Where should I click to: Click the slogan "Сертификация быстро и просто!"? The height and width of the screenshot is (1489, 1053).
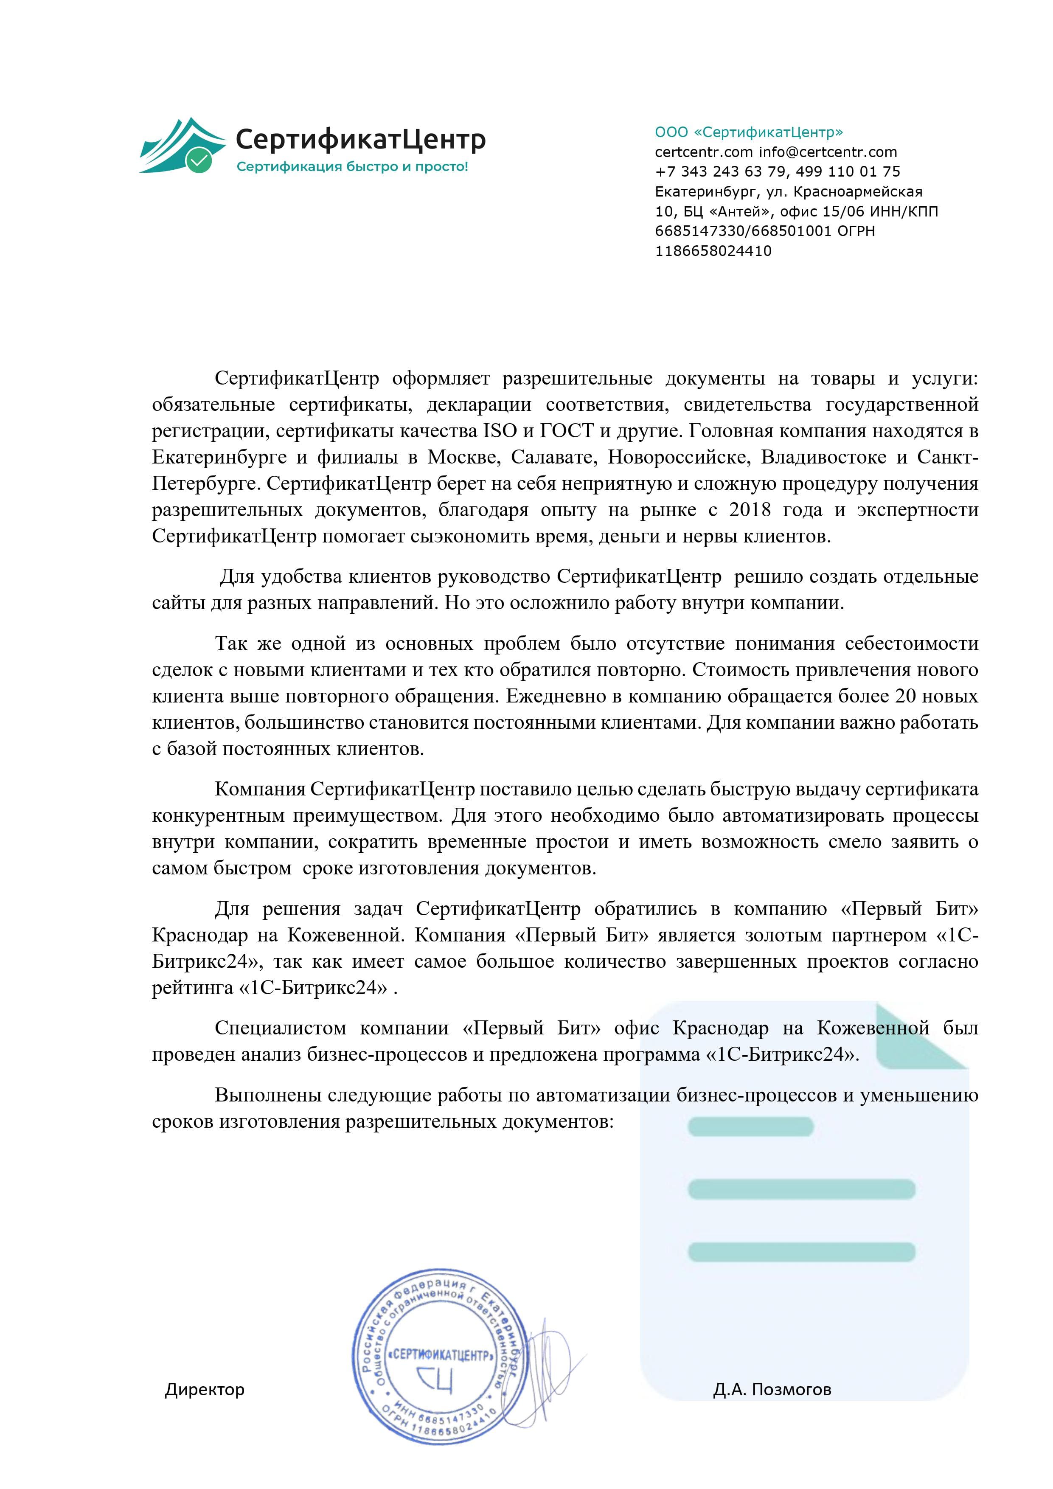point(352,167)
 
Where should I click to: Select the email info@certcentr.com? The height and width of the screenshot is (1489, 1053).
point(828,152)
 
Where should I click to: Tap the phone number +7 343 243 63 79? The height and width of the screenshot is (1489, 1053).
point(720,172)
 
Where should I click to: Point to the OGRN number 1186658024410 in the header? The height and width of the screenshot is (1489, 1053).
point(713,251)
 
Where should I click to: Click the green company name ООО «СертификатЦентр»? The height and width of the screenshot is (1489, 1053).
point(749,132)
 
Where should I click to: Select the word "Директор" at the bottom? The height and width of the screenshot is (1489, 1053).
point(204,1390)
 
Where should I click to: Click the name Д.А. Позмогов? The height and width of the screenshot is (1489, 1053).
point(772,1390)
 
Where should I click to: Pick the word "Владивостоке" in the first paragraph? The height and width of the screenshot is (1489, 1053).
point(823,457)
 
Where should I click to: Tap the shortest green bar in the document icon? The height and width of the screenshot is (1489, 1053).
point(750,1127)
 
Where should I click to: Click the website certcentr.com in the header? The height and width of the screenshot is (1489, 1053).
point(704,152)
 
